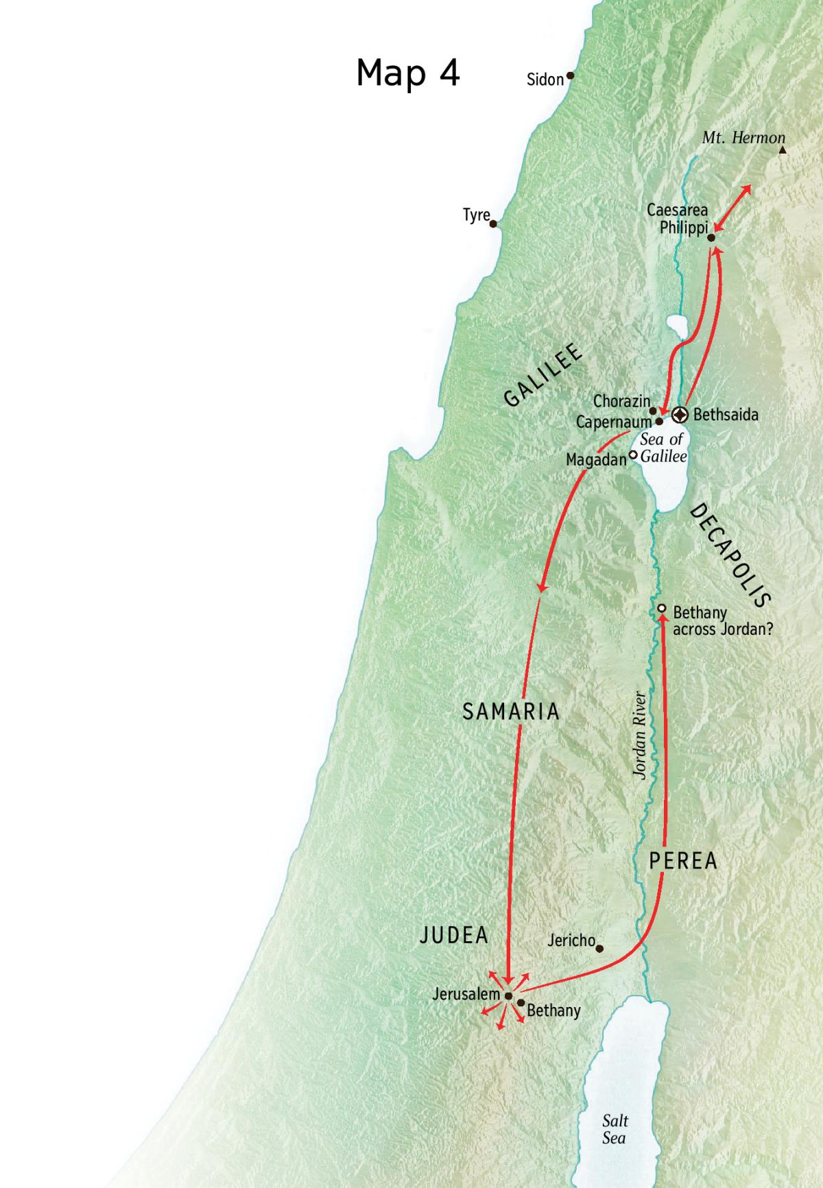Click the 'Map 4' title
[x=407, y=73]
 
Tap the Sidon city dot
[x=569, y=76]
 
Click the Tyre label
[x=476, y=215]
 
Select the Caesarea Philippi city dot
[x=711, y=238]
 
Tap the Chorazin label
[x=621, y=401]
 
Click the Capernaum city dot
[x=659, y=422]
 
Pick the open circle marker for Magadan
[x=633, y=454]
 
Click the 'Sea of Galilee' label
[x=663, y=448]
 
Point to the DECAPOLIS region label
[x=730, y=555]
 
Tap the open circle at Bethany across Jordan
[x=662, y=608]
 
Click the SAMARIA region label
[x=511, y=712]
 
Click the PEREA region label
[x=683, y=860]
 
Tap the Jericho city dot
[x=599, y=949]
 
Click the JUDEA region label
[x=453, y=935]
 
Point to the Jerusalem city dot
[x=508, y=996]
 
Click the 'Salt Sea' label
[x=615, y=1129]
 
